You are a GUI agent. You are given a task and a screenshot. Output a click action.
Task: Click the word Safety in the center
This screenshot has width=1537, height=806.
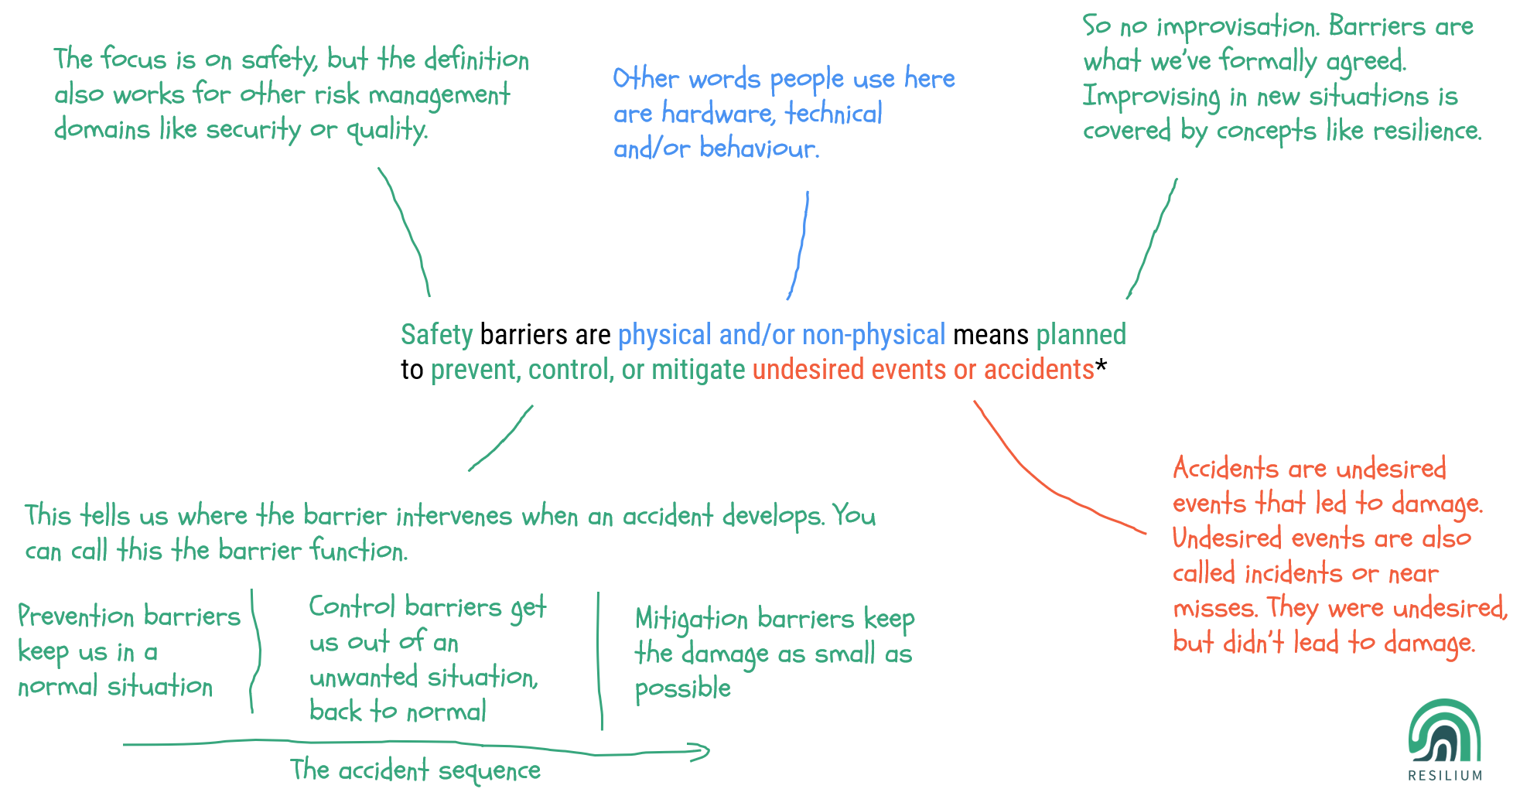[x=436, y=335]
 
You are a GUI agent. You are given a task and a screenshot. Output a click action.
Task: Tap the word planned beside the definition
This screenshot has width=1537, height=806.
[x=1081, y=335]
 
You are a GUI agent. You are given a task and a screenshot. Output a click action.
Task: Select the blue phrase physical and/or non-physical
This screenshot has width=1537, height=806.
[x=781, y=335]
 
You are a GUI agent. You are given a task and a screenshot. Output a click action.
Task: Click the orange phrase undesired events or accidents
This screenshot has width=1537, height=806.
[x=923, y=370]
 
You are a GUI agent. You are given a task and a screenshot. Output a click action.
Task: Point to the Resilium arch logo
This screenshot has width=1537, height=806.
[x=1444, y=733]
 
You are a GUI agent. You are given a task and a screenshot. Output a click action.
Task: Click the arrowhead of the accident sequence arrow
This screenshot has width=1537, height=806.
[x=700, y=751]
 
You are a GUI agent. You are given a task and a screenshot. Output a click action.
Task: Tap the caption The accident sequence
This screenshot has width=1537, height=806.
[x=415, y=770]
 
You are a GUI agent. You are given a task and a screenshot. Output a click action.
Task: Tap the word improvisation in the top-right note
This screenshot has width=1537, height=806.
[x=1236, y=27]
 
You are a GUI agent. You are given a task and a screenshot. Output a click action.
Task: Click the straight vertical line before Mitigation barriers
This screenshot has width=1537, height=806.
[x=599, y=661]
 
